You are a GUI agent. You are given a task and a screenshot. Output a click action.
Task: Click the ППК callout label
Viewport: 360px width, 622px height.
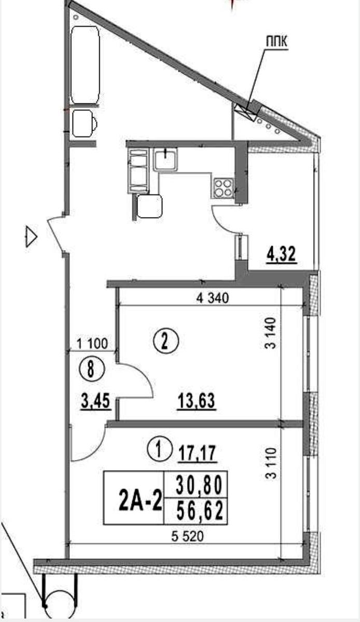276,41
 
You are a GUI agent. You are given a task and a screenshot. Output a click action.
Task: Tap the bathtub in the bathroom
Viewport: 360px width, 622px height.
85,65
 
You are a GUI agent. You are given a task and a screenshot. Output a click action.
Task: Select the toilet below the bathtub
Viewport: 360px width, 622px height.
85,123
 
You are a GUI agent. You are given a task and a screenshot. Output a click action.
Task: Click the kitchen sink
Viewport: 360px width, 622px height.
165,159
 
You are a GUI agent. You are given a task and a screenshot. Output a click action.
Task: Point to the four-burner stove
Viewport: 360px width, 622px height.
223,188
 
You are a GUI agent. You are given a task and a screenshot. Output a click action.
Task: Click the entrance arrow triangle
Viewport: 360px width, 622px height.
31,236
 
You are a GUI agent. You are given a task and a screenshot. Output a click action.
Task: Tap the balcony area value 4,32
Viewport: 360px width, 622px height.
281,255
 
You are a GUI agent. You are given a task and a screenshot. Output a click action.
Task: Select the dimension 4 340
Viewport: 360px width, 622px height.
212,298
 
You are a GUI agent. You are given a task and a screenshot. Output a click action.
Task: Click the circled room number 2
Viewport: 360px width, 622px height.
166,341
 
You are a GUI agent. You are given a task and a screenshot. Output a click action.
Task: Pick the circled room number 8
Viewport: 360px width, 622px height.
91,370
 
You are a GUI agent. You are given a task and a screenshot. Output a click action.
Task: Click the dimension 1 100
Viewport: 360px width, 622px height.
92,344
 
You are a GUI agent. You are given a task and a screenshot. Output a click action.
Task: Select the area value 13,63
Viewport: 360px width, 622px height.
196,401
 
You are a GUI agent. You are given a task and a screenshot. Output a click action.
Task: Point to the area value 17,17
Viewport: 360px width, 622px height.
197,453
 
